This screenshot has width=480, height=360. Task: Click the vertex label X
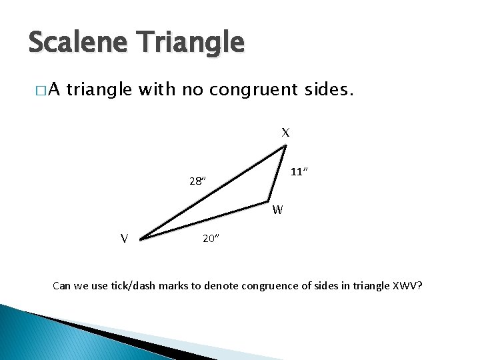tap(285, 133)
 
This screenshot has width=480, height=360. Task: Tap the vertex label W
tap(278, 210)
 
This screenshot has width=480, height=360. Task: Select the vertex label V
tap(124, 238)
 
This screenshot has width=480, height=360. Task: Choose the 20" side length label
tap(211, 239)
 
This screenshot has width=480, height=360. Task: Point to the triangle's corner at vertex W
tap(269, 200)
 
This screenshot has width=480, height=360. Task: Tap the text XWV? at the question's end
tap(408, 287)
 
